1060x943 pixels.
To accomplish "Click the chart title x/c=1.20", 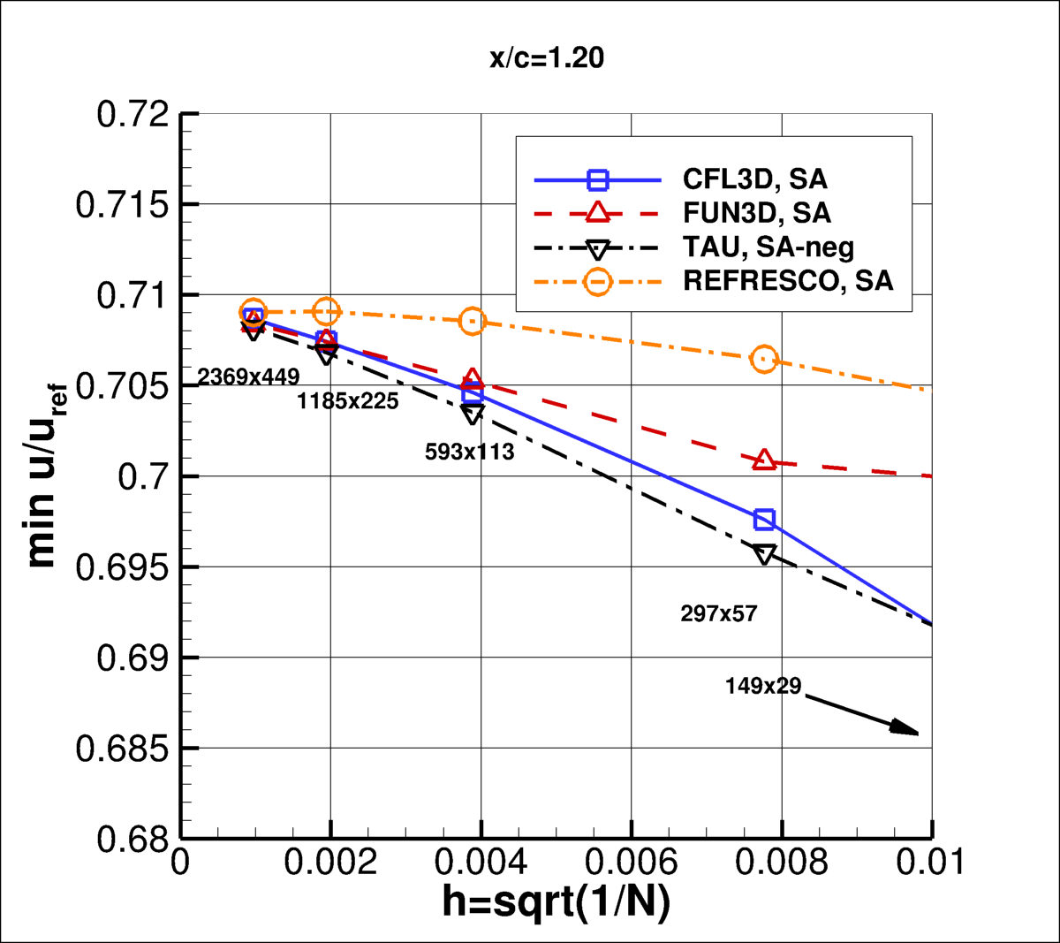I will pyautogui.click(x=547, y=58).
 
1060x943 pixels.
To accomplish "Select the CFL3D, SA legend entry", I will pyautogui.click(x=754, y=179).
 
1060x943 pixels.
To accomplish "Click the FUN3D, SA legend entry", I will pyautogui.click(x=756, y=213).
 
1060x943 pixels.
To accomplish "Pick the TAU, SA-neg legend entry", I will pyautogui.click(x=768, y=247).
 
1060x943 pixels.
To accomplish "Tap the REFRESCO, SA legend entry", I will pyautogui.click(x=788, y=281).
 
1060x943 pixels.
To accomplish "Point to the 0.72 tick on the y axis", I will pyautogui.click(x=132, y=115).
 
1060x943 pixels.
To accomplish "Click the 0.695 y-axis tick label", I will pyautogui.click(x=122, y=567).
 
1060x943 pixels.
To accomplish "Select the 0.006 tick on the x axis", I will pyautogui.click(x=631, y=862).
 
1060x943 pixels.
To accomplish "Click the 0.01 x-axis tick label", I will pyautogui.click(x=929, y=862).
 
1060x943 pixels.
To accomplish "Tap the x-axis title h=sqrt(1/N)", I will pyautogui.click(x=556, y=901).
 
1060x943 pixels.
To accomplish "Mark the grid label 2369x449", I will pyautogui.click(x=248, y=377).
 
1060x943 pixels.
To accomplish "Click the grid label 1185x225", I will pyautogui.click(x=347, y=402).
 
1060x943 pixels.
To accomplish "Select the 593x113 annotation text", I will pyautogui.click(x=469, y=452).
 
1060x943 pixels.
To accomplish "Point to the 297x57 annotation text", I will pyautogui.click(x=718, y=613).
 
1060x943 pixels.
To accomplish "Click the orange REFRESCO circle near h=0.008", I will pyautogui.click(x=764, y=360).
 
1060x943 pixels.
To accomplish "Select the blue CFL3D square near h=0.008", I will pyautogui.click(x=764, y=519).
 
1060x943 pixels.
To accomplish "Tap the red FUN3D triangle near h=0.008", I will pyautogui.click(x=764, y=460).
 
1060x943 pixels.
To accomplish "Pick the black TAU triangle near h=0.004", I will pyautogui.click(x=473, y=414).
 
